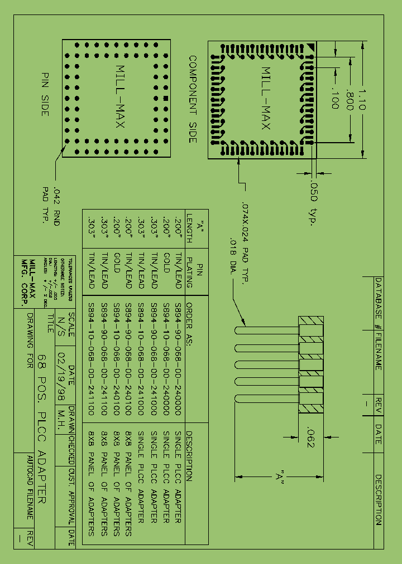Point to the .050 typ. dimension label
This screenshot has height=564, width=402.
313,203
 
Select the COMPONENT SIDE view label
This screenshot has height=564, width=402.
193,99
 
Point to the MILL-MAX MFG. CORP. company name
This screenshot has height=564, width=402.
28,281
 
